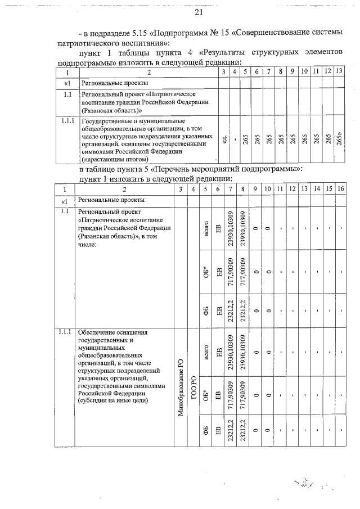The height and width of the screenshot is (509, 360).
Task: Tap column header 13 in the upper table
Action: [x=339, y=71]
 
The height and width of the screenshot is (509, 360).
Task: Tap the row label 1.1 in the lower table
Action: [x=64, y=211]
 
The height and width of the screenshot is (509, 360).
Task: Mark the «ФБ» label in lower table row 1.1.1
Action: [x=206, y=430]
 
